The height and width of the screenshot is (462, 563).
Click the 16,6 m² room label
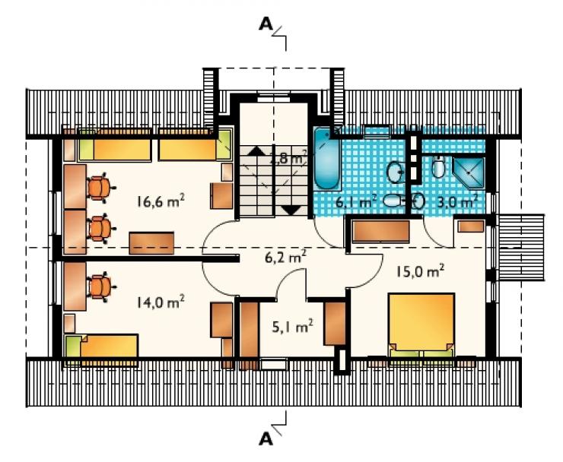point(161,201)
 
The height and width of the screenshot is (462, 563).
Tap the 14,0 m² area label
point(161,302)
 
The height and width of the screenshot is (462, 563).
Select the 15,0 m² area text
point(420,271)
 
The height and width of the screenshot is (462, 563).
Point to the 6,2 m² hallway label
point(283,257)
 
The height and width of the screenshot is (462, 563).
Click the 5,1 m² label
point(292,327)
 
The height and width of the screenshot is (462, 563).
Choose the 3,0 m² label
point(457,202)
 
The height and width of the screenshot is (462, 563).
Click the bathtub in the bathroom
point(326,160)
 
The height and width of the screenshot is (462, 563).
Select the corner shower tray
point(469,173)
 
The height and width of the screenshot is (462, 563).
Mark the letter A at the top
point(266,24)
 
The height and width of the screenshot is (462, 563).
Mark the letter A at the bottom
point(266,438)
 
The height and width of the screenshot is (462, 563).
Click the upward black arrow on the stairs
point(256,150)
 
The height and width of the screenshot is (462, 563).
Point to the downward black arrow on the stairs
point(291,210)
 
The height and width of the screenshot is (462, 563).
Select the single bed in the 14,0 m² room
point(102,346)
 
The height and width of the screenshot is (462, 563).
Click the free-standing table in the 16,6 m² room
point(151,243)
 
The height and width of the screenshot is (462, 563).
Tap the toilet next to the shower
point(438,167)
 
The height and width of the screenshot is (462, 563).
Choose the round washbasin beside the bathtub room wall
point(396,172)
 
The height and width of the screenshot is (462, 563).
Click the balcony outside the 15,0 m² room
point(521,247)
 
